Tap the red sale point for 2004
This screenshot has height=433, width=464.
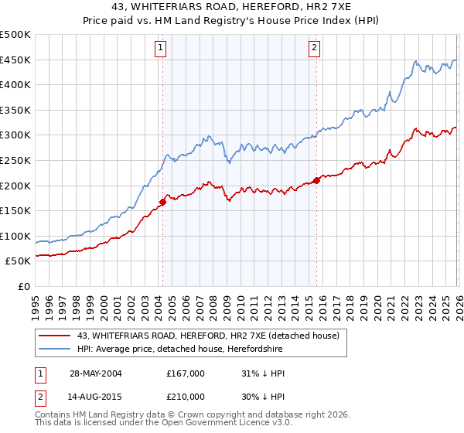pos(162,203)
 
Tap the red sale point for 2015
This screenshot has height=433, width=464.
pos(316,181)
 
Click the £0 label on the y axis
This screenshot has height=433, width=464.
pos(23,286)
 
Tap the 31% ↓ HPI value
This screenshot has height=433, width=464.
pos(263,373)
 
